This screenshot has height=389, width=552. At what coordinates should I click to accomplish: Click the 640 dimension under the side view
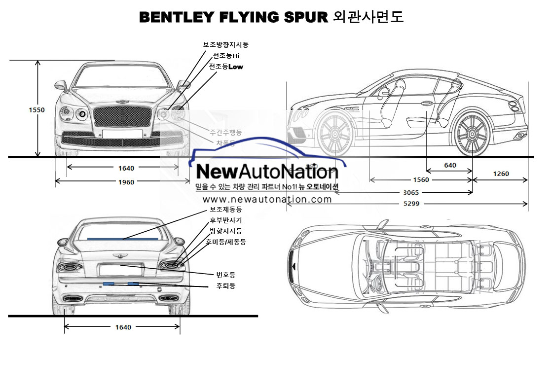click(x=450, y=166)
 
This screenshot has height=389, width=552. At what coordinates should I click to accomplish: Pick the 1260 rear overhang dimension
click(x=500, y=174)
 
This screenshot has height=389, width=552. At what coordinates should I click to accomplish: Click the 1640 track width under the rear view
click(x=123, y=327)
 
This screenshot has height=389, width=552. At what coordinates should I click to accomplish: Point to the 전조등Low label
click(x=226, y=67)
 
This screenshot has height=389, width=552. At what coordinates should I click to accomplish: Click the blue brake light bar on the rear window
click(x=123, y=238)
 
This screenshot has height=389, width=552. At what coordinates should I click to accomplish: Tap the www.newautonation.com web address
click(x=267, y=200)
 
